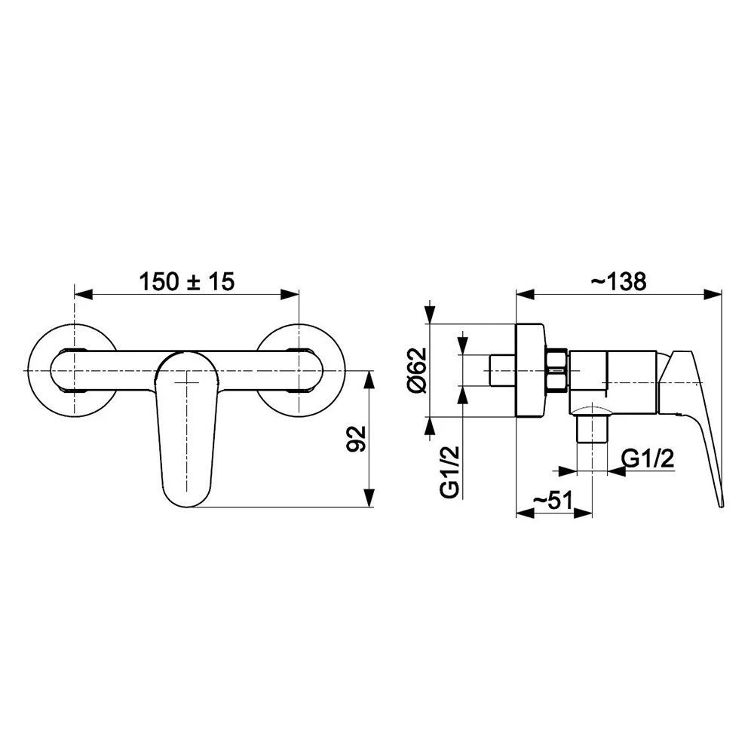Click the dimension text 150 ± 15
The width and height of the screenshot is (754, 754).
pyautogui.click(x=186, y=281)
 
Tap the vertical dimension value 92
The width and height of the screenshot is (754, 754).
pyautogui.click(x=357, y=439)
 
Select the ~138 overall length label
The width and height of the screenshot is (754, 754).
pyautogui.click(x=618, y=281)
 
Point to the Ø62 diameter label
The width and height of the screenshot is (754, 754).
pyautogui.click(x=416, y=369)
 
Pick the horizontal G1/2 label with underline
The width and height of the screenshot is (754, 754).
pyautogui.click(x=648, y=459)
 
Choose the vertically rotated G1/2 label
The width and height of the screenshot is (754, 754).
pyautogui.click(x=450, y=472)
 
